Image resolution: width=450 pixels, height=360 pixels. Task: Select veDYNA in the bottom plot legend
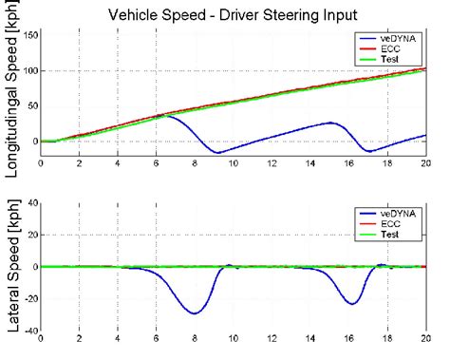pyautogui.click(x=392, y=211)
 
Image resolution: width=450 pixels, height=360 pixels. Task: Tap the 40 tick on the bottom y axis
pyautogui.click(x=31, y=203)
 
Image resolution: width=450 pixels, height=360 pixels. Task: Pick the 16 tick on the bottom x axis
pyautogui.click(x=349, y=341)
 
